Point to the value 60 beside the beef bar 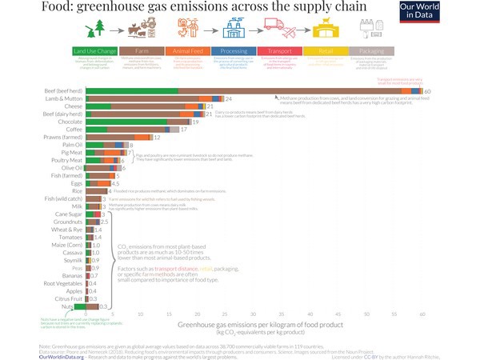pyautogui.click(x=428, y=91)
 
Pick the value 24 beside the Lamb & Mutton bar pyautogui.click(x=229, y=98)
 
